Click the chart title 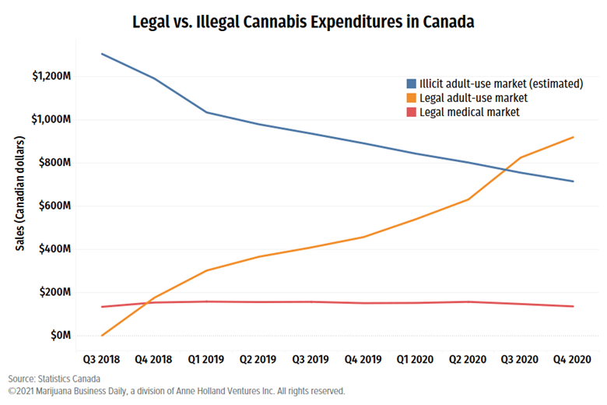click(x=304, y=23)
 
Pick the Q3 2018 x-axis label click(x=103, y=360)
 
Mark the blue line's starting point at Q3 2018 click(x=103, y=55)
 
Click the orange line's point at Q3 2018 click(x=103, y=335)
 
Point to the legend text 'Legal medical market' click(x=469, y=112)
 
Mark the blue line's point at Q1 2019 click(x=207, y=112)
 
